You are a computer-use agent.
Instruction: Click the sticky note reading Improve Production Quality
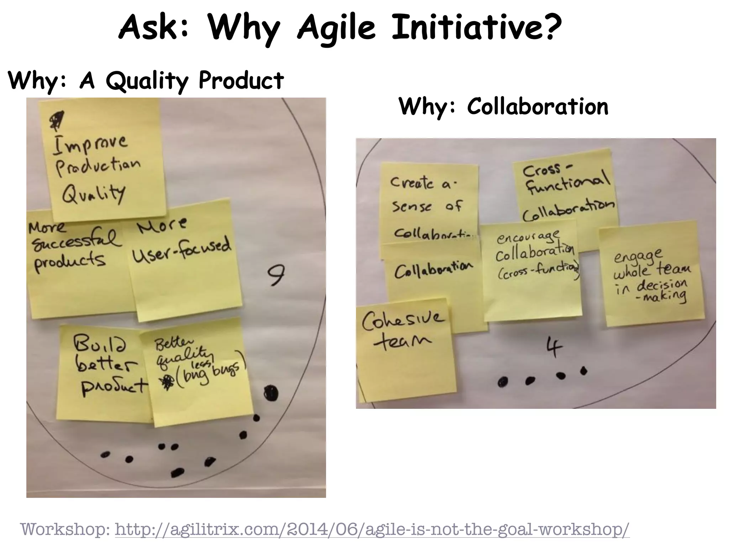103,160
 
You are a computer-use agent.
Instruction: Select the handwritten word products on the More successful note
69,262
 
